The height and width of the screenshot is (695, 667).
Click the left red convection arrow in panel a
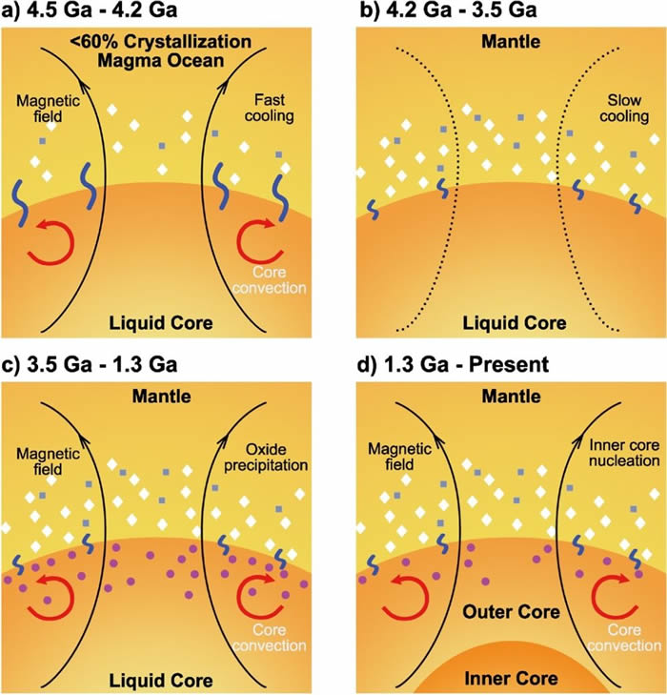click(48, 241)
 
